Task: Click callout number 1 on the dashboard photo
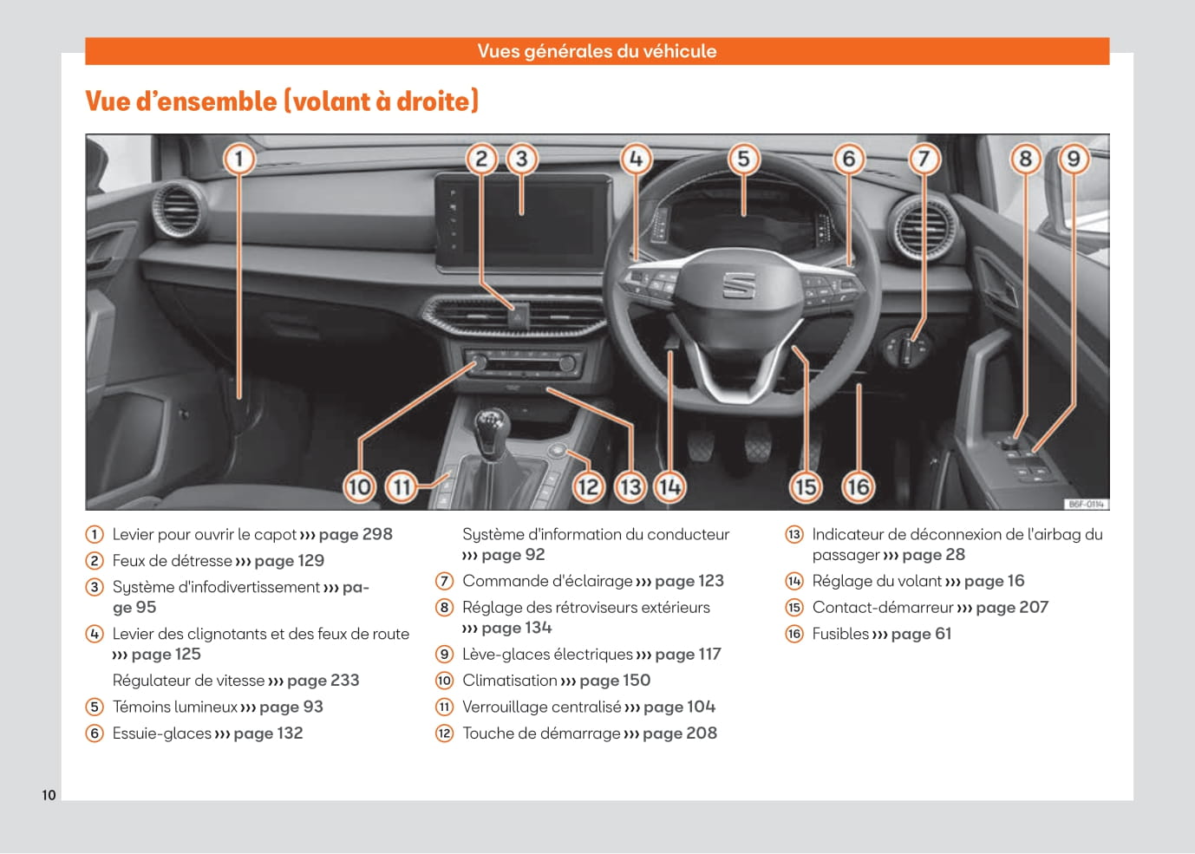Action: tap(239, 160)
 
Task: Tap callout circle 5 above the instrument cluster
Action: tap(743, 160)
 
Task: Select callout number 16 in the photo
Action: tap(858, 486)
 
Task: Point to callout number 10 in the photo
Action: tap(359, 486)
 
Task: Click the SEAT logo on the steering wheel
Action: tap(738, 284)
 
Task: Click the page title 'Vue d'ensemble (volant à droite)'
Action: tap(282, 101)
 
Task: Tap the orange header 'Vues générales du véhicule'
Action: tap(597, 51)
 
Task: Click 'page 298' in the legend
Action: tap(356, 534)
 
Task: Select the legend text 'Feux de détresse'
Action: tap(172, 561)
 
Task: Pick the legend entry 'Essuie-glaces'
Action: tap(161, 733)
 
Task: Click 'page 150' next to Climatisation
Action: tap(615, 681)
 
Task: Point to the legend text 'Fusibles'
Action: tap(840, 634)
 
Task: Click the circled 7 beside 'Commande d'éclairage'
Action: tap(444, 581)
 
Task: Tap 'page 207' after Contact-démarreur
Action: tap(1012, 608)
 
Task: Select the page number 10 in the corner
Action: tap(49, 795)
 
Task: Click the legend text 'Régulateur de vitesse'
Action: tap(188, 681)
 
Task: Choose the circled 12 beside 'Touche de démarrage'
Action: tap(444, 733)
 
